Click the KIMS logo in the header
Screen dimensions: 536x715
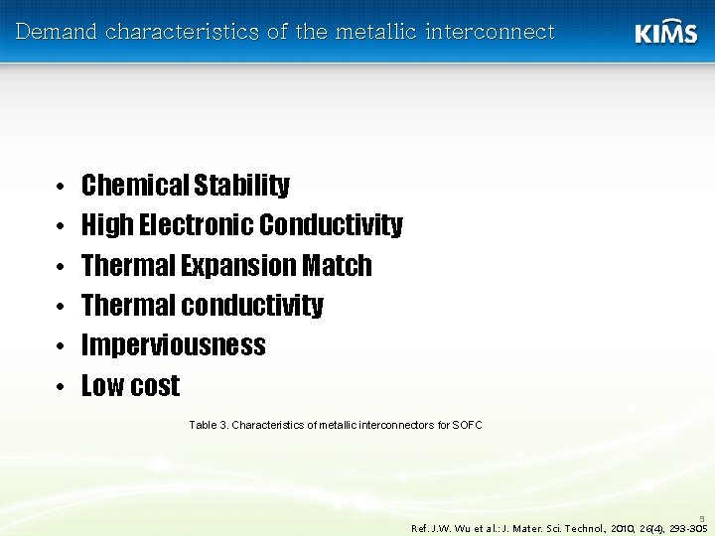pyautogui.click(x=665, y=32)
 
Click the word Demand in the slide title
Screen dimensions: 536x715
pyautogui.click(x=58, y=32)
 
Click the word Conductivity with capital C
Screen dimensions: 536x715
pyautogui.click(x=331, y=226)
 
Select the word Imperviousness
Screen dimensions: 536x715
pyautogui.click(x=173, y=345)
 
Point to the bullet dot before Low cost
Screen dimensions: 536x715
pyautogui.click(x=62, y=387)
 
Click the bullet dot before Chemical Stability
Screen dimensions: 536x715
pyautogui.click(x=62, y=187)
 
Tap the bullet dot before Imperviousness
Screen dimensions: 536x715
pyautogui.click(x=62, y=346)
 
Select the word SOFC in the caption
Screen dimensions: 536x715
pyautogui.click(x=467, y=425)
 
